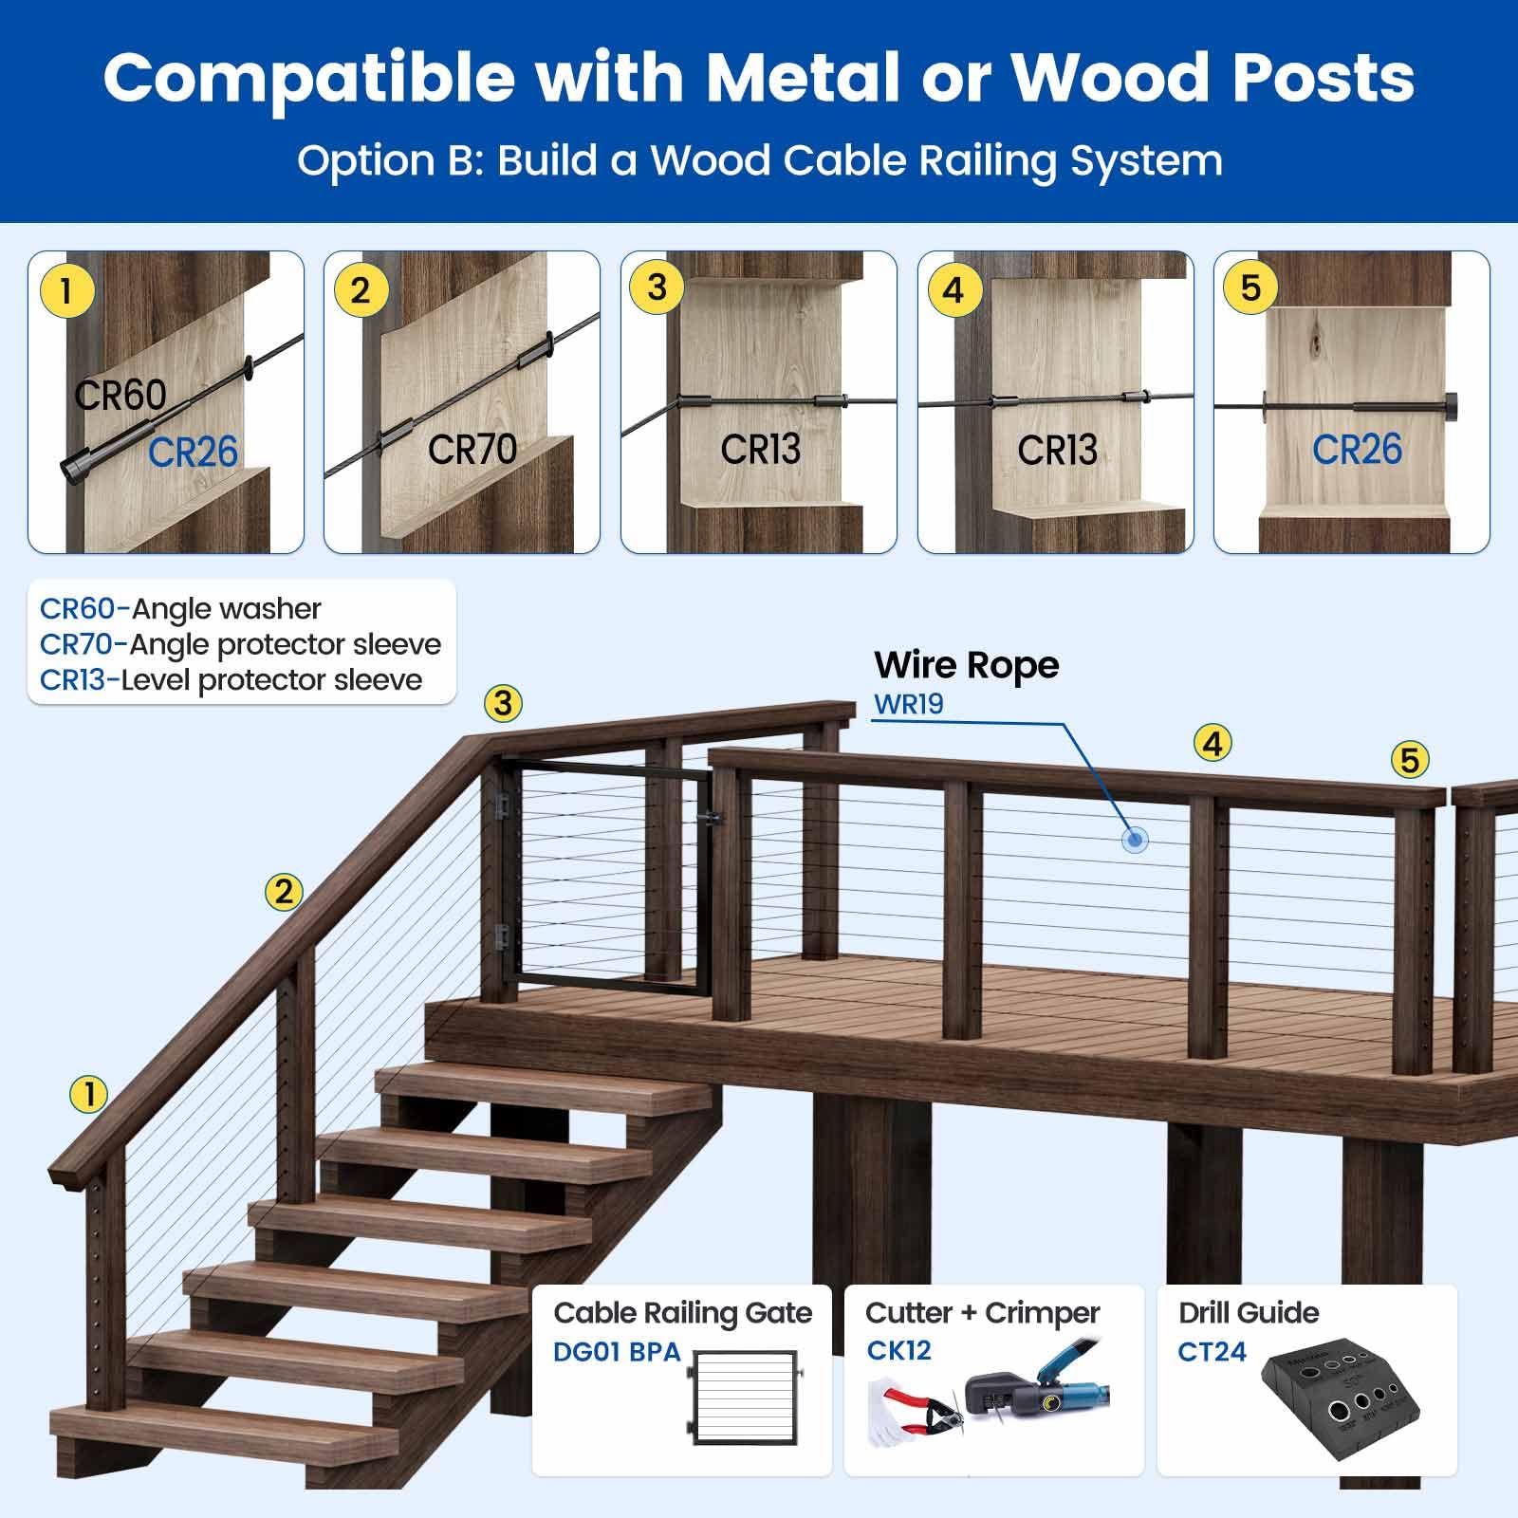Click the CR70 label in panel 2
472,449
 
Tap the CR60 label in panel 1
120,396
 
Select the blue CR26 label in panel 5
1357,450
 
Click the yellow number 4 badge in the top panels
953,289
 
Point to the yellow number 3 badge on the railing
503,703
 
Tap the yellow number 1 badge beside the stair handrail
89,1094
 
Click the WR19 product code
908,705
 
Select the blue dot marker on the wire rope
1135,840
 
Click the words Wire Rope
966,665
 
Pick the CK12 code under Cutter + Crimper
898,1350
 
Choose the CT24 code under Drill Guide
1212,1351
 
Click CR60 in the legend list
77,608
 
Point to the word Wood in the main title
1110,78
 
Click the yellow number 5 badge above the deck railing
1410,759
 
